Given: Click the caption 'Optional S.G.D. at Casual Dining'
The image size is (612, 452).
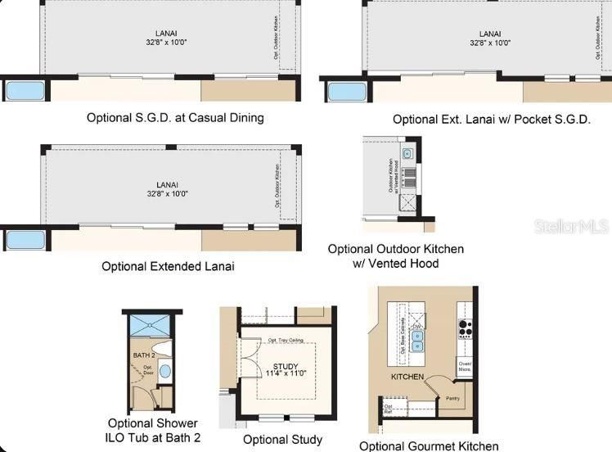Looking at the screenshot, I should (175, 117).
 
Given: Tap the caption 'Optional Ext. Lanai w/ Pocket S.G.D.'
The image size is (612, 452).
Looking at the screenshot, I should (491, 119).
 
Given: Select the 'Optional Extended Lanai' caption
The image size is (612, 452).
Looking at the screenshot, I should (168, 266).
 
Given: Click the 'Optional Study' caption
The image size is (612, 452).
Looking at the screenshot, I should (282, 440).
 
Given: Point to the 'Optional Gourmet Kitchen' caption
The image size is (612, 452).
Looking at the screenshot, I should (429, 445).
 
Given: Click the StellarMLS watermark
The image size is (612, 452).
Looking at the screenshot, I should (572, 226).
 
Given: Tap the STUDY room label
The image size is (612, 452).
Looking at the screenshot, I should (286, 366).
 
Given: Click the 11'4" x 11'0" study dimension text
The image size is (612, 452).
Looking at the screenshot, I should (286, 373).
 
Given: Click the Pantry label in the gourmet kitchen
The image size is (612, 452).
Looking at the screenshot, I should (452, 399).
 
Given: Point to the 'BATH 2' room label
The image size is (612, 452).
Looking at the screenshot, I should (144, 355).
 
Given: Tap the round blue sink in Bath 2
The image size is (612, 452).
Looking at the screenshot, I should (164, 371).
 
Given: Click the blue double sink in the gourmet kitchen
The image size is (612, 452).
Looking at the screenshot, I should (417, 340).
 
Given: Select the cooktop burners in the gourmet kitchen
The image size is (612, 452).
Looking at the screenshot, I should (466, 328).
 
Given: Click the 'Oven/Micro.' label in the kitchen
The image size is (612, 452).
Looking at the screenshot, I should (465, 367).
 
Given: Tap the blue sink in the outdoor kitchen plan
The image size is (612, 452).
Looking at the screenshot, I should (407, 153).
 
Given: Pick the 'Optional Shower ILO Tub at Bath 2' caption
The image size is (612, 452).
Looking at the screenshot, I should (154, 431).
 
